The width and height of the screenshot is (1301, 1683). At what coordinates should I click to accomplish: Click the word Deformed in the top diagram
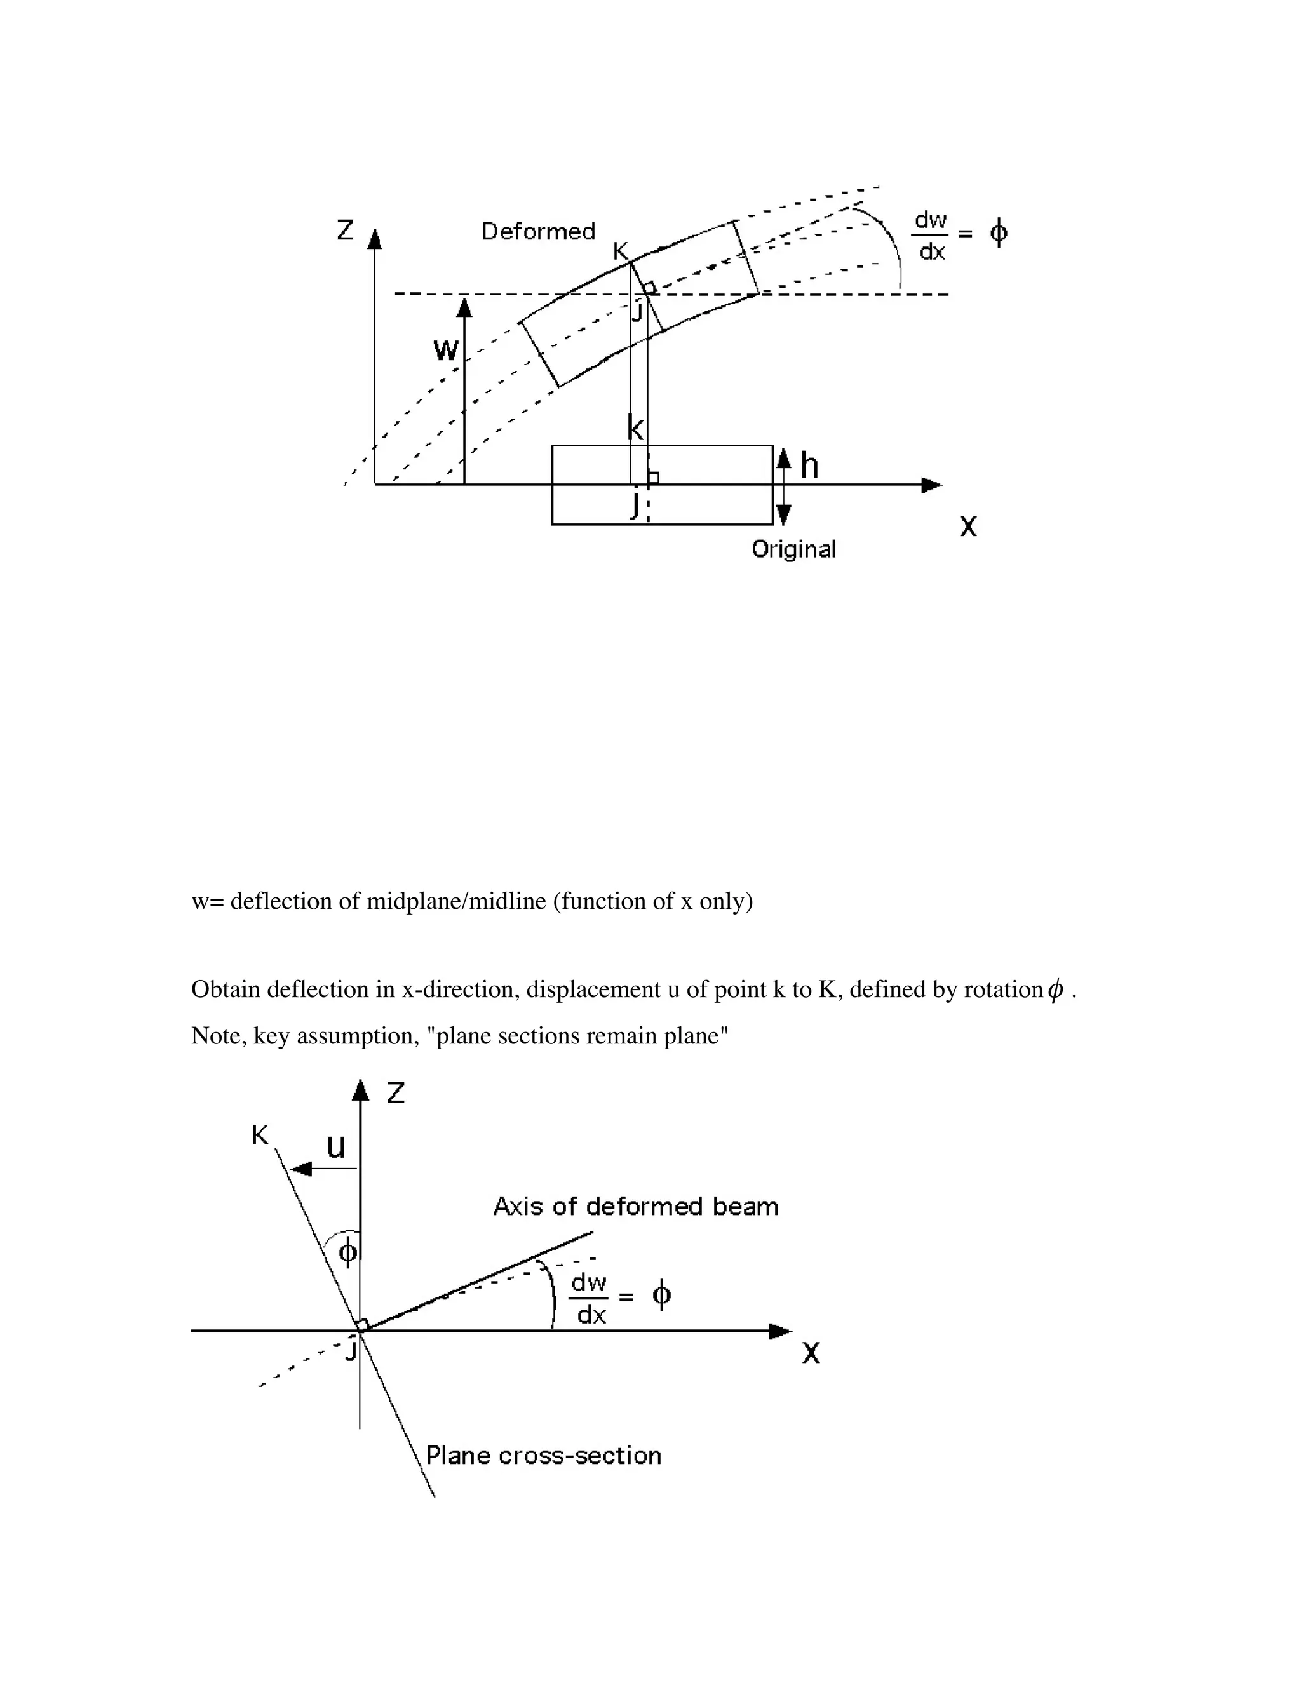(538, 231)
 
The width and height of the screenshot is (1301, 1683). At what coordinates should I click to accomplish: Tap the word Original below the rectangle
(793, 549)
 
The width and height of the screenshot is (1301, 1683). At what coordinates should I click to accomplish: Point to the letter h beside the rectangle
(809, 466)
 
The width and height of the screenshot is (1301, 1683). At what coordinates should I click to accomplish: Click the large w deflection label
(445, 351)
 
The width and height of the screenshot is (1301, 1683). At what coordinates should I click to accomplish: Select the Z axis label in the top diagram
(346, 230)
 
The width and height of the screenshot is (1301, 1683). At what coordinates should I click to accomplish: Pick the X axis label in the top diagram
(968, 526)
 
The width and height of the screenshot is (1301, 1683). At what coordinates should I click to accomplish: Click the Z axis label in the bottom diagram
(395, 1093)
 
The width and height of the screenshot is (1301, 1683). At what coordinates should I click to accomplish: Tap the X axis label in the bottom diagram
(811, 1353)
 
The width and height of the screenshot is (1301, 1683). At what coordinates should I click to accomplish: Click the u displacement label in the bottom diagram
(336, 1146)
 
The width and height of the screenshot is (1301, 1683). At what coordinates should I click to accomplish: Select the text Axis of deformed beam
(635, 1206)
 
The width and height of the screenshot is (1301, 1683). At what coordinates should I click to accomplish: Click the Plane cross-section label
(543, 1455)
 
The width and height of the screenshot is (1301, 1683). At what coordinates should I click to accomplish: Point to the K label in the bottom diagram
(260, 1135)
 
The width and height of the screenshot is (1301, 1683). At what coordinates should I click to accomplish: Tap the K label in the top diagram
(621, 251)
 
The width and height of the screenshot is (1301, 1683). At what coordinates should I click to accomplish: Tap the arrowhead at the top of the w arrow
(464, 307)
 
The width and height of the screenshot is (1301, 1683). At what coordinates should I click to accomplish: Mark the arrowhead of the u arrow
(300, 1169)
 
